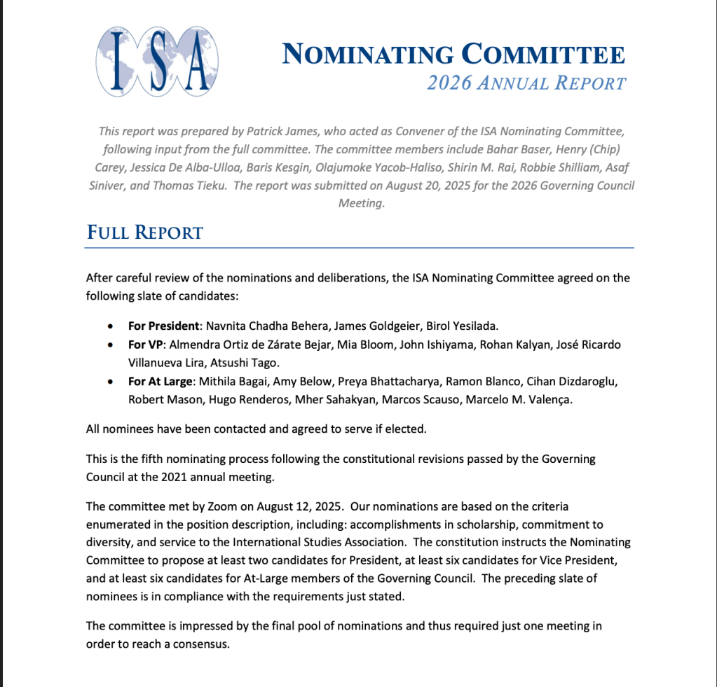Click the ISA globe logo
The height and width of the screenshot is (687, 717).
click(x=157, y=61)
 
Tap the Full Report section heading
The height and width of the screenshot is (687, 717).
click(x=144, y=233)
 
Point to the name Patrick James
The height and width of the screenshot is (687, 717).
click(x=305, y=131)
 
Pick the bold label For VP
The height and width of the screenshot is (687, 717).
click(x=145, y=345)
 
